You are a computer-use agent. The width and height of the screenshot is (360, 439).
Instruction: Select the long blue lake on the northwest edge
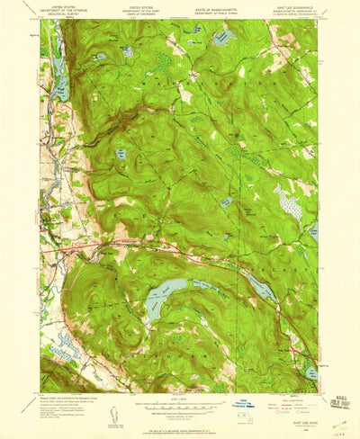click(61, 79)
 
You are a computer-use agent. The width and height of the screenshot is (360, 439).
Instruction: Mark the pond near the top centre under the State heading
click(223, 37)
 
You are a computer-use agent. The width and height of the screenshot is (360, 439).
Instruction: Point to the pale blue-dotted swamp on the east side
click(290, 204)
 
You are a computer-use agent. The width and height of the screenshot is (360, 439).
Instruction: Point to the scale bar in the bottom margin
click(180, 396)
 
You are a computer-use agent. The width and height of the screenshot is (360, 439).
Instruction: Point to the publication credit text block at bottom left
click(67, 390)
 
